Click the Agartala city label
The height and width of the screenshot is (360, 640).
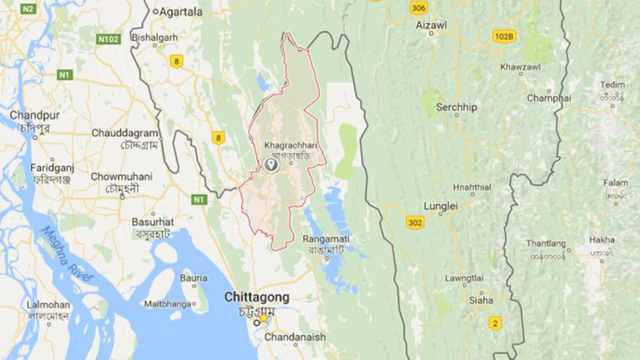coord(181,11)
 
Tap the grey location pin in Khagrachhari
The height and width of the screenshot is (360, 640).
coord(270,165)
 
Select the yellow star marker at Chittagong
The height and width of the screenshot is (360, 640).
coord(262,317)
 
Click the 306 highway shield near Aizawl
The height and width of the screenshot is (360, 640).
coord(419,8)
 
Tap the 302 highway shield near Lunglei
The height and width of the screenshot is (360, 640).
coord(416,222)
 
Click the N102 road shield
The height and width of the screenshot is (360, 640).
coord(109,38)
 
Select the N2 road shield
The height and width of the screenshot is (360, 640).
coord(28,9)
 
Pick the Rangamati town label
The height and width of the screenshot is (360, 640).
coord(326,238)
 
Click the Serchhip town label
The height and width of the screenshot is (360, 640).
coord(456,107)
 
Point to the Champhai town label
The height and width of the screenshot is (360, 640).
coord(549,98)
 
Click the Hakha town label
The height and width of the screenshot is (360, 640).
coord(602,240)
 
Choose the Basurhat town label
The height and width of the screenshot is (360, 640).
coord(152,222)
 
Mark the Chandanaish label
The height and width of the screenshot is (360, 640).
coord(294,337)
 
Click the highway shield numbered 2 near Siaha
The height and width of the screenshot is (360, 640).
coord(494,323)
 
